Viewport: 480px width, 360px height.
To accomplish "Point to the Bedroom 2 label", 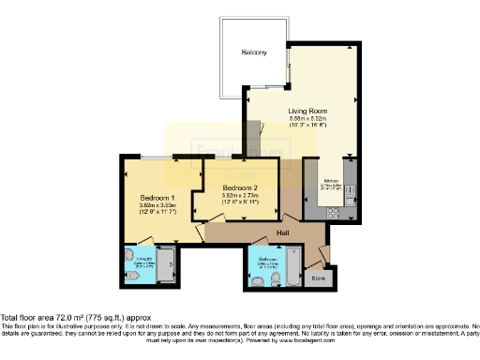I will (x=230, y=187).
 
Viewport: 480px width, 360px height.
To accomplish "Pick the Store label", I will (x=317, y=277).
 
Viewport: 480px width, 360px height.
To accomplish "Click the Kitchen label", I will (x=332, y=180).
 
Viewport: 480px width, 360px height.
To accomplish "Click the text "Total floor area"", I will (x=27, y=319).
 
